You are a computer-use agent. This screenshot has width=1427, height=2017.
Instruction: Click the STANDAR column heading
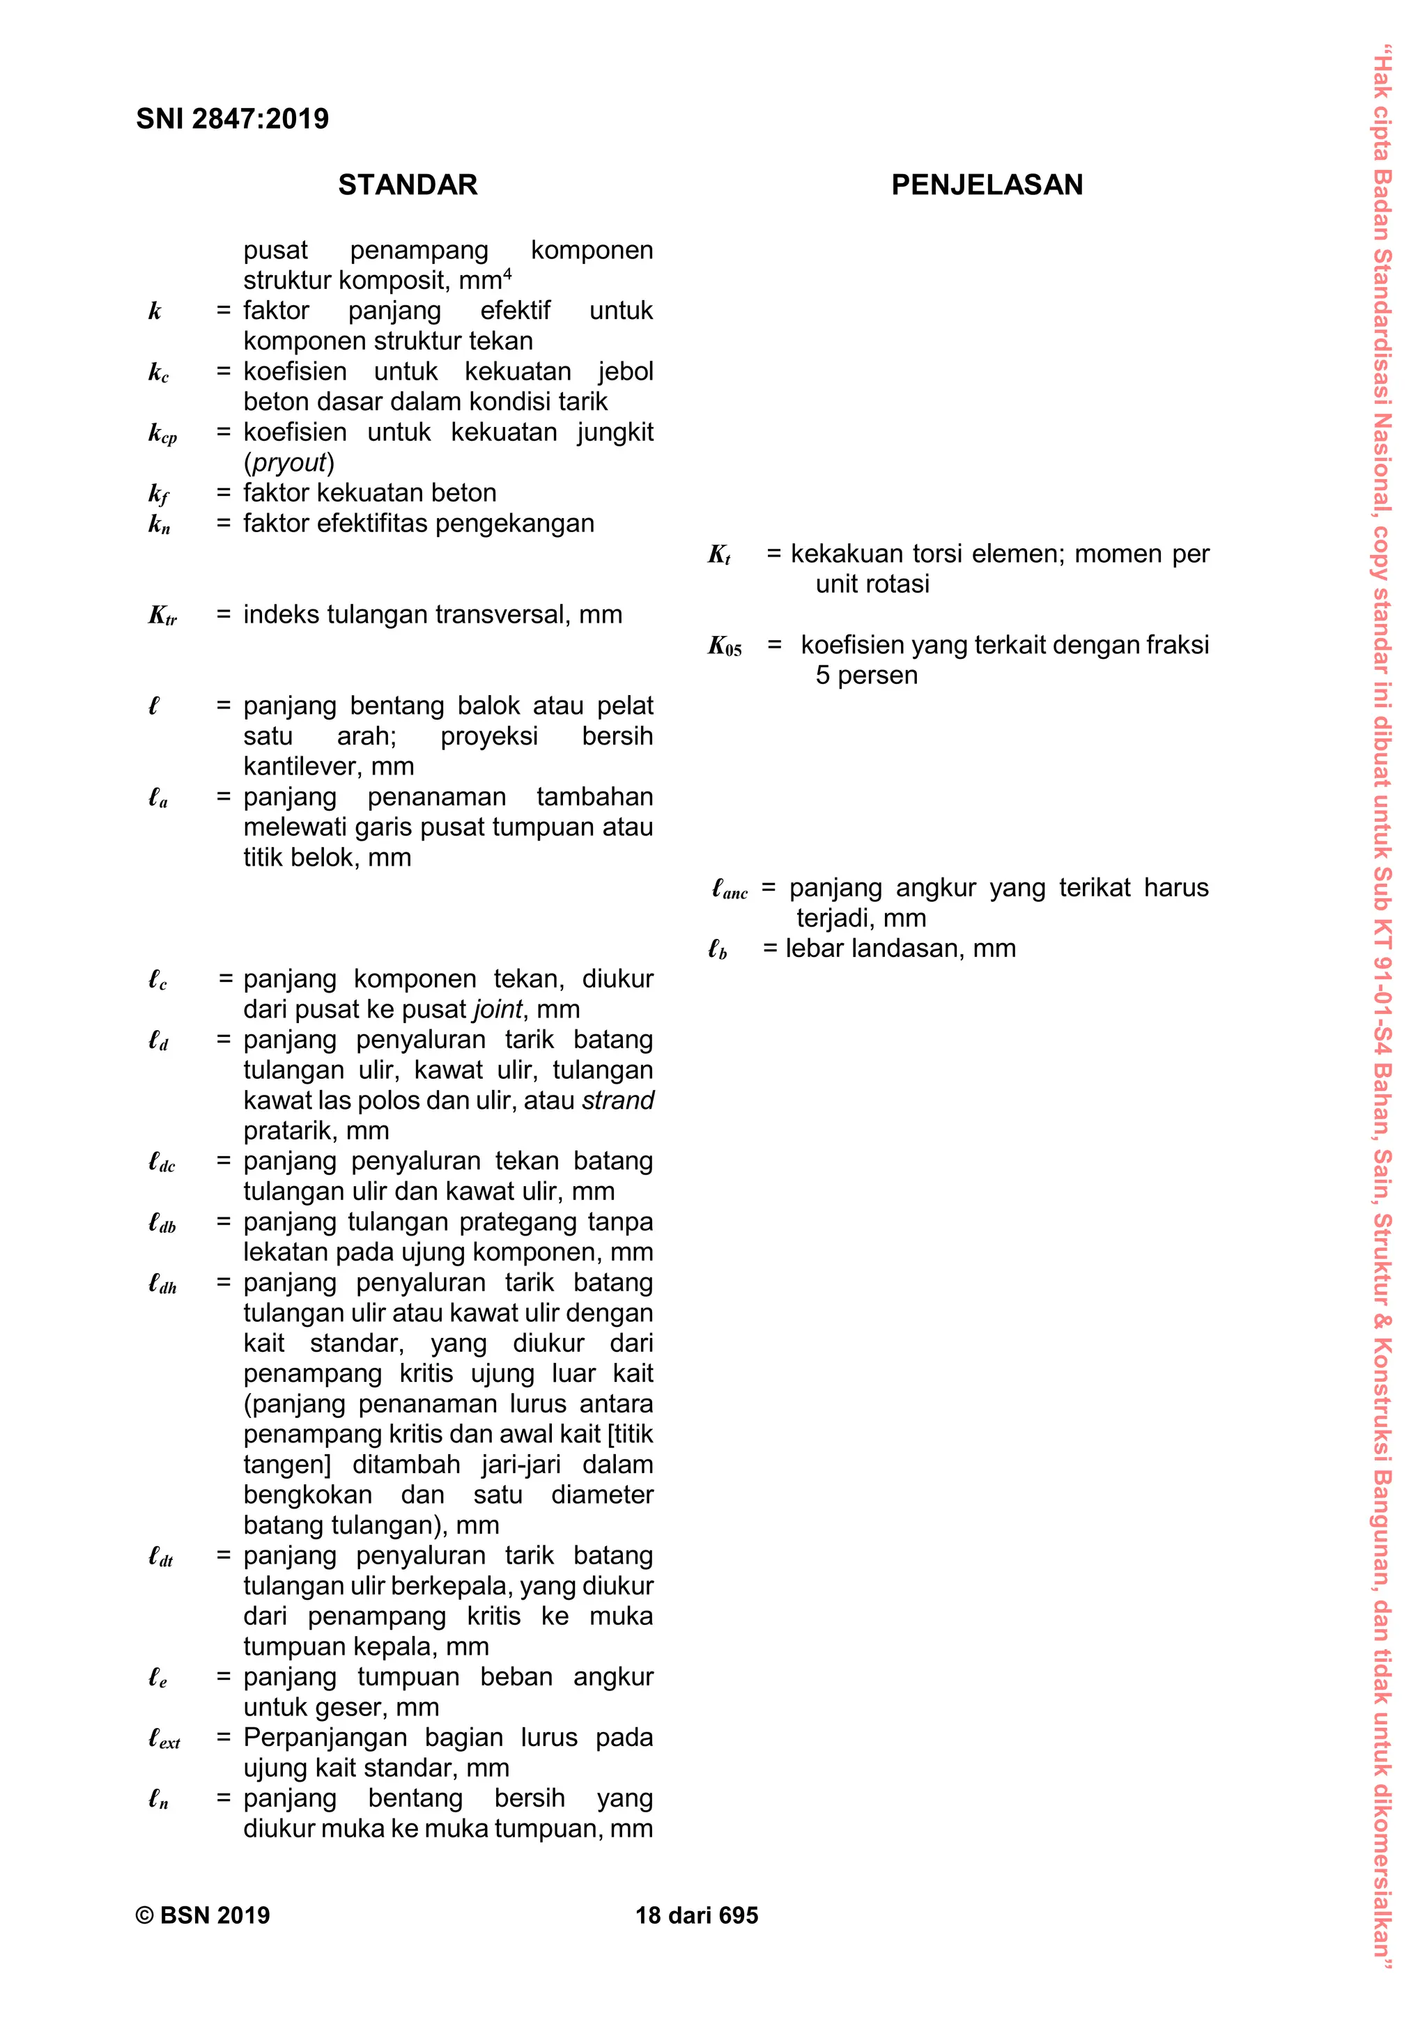click(x=408, y=185)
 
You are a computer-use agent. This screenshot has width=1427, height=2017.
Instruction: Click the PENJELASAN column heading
click(x=987, y=185)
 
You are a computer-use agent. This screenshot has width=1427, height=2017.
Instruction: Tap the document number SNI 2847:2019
click(x=232, y=118)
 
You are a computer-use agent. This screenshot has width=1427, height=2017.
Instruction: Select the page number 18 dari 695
click(x=697, y=1915)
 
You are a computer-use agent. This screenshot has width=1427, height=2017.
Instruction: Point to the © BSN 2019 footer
click(x=203, y=1915)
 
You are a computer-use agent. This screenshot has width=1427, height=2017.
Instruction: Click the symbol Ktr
click(x=162, y=616)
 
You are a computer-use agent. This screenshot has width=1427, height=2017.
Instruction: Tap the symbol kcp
click(x=162, y=433)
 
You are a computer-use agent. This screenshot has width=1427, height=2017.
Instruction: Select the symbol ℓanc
click(x=730, y=889)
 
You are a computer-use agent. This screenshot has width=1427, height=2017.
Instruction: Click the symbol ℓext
click(x=164, y=1738)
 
